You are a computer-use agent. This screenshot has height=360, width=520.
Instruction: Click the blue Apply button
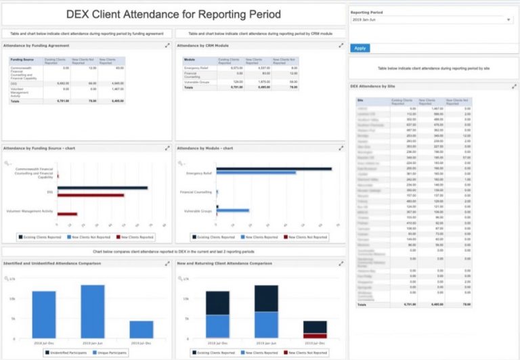pos(360,48)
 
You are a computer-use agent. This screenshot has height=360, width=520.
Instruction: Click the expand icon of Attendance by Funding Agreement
pos(167,45)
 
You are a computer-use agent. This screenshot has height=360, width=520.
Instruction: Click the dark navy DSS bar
pos(102,188)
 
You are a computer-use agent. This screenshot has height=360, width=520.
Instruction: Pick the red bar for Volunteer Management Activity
pos(67,214)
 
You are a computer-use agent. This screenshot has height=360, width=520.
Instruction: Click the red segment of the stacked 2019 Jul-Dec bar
pos(315,335)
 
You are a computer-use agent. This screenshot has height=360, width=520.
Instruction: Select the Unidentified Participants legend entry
pos(66,353)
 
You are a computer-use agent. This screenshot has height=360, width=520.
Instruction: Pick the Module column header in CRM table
pos(190,60)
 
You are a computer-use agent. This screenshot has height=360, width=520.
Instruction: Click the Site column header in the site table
pos(361,100)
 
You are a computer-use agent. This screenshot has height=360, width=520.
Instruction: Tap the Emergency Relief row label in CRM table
pos(195,68)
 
